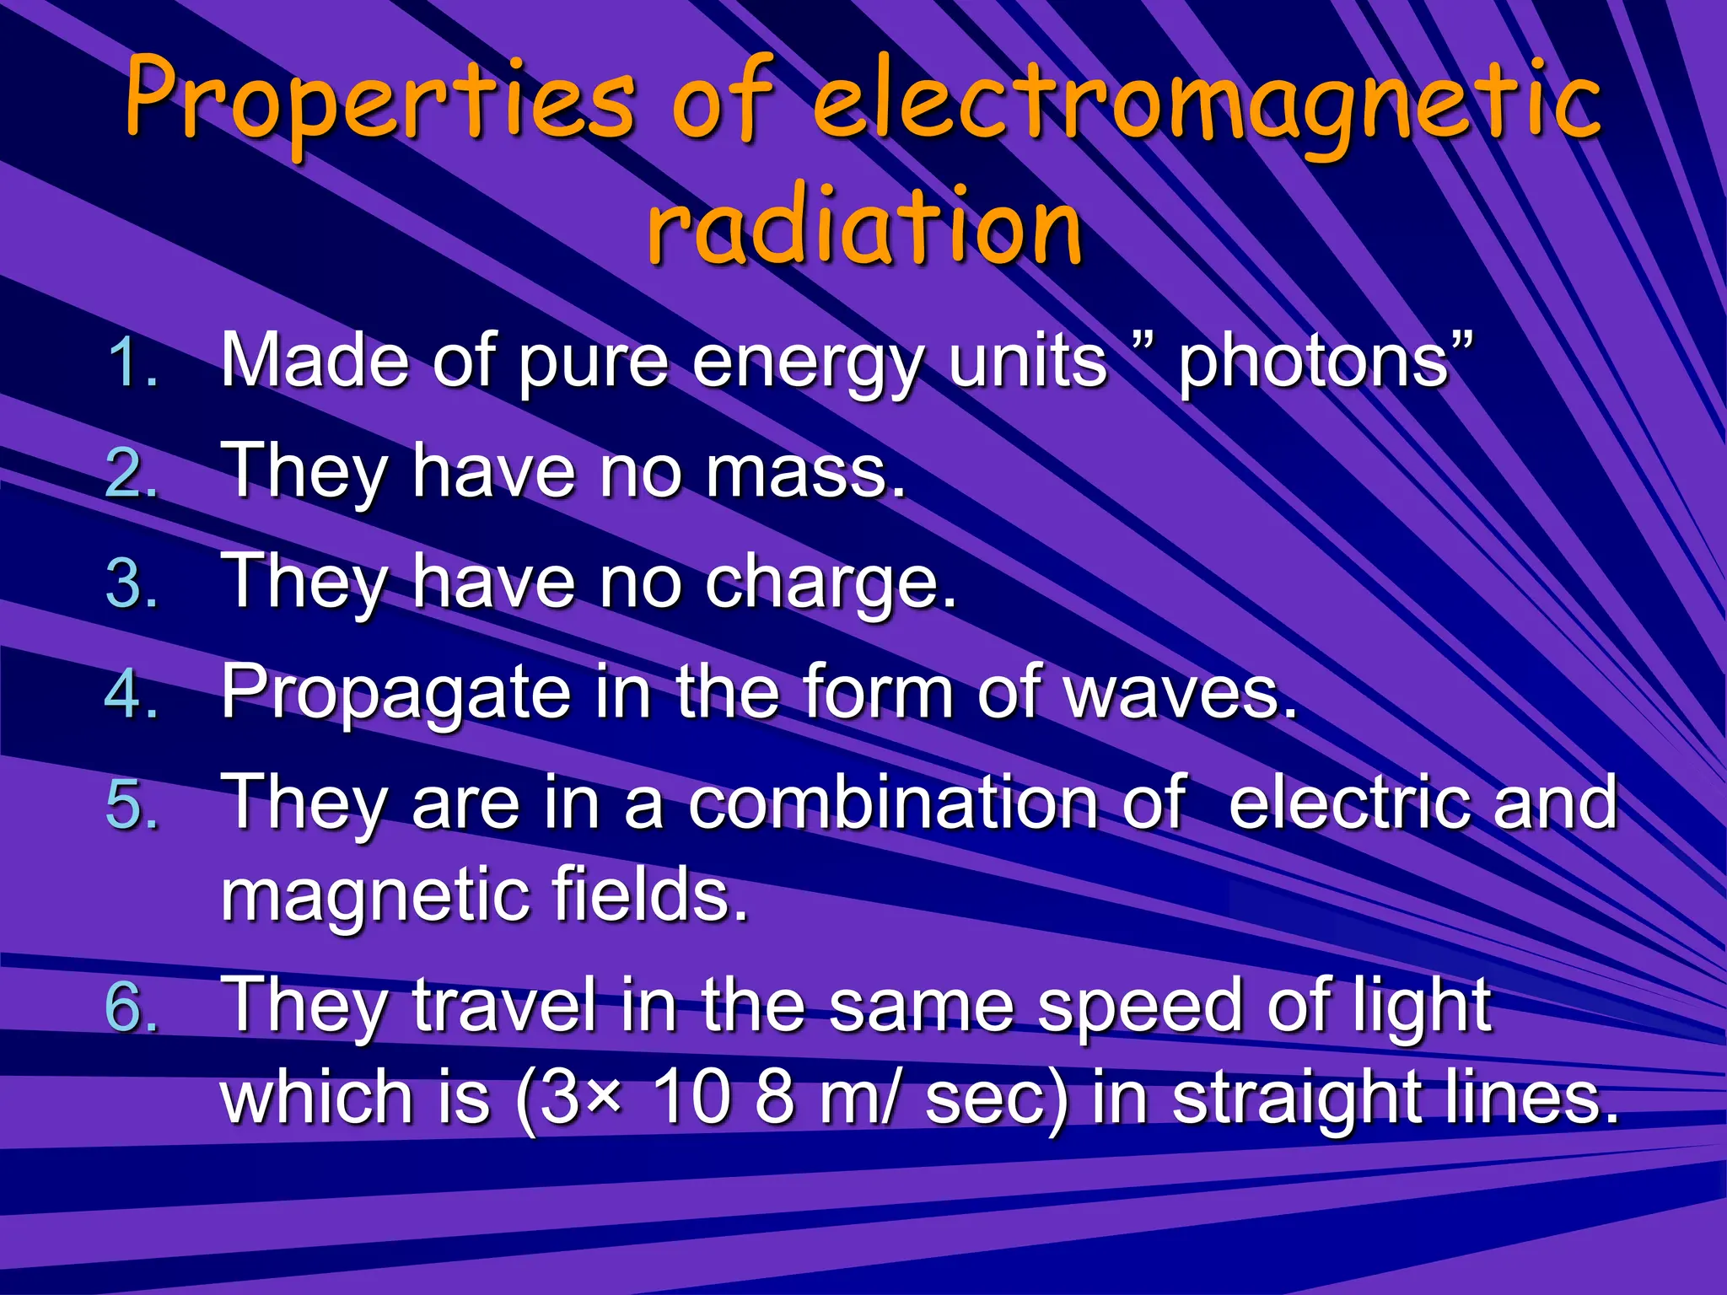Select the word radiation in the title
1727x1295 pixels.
pos(864,226)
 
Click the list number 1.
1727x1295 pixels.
pos(133,363)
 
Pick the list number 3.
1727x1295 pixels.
pos(133,583)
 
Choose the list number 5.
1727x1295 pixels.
pos(133,804)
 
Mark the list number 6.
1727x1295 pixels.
pos(133,1007)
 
